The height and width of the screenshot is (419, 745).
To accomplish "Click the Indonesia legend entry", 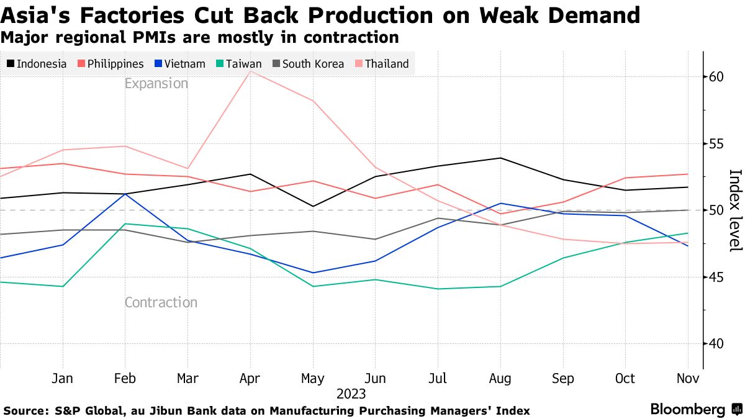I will click(37, 64).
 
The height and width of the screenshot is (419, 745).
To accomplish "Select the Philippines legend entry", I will click(111, 64).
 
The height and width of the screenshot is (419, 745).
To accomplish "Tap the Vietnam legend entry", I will click(180, 64).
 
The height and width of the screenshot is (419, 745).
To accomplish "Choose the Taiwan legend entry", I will click(239, 64).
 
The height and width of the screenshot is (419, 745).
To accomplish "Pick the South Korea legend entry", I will click(308, 64).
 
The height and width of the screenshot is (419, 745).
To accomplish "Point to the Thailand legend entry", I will click(382, 64).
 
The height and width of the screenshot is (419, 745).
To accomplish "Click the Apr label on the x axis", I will click(250, 379).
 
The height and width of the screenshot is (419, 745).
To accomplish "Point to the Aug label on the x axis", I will click(500, 379).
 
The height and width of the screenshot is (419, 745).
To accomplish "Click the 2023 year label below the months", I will click(351, 394).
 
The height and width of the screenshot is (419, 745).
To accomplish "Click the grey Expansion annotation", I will click(156, 84).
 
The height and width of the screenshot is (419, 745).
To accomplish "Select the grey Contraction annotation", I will click(161, 303).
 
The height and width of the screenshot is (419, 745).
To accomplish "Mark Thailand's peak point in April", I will click(250, 71).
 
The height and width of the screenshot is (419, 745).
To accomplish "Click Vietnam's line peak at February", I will click(125, 194).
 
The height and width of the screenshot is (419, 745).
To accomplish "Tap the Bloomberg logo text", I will click(687, 410).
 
